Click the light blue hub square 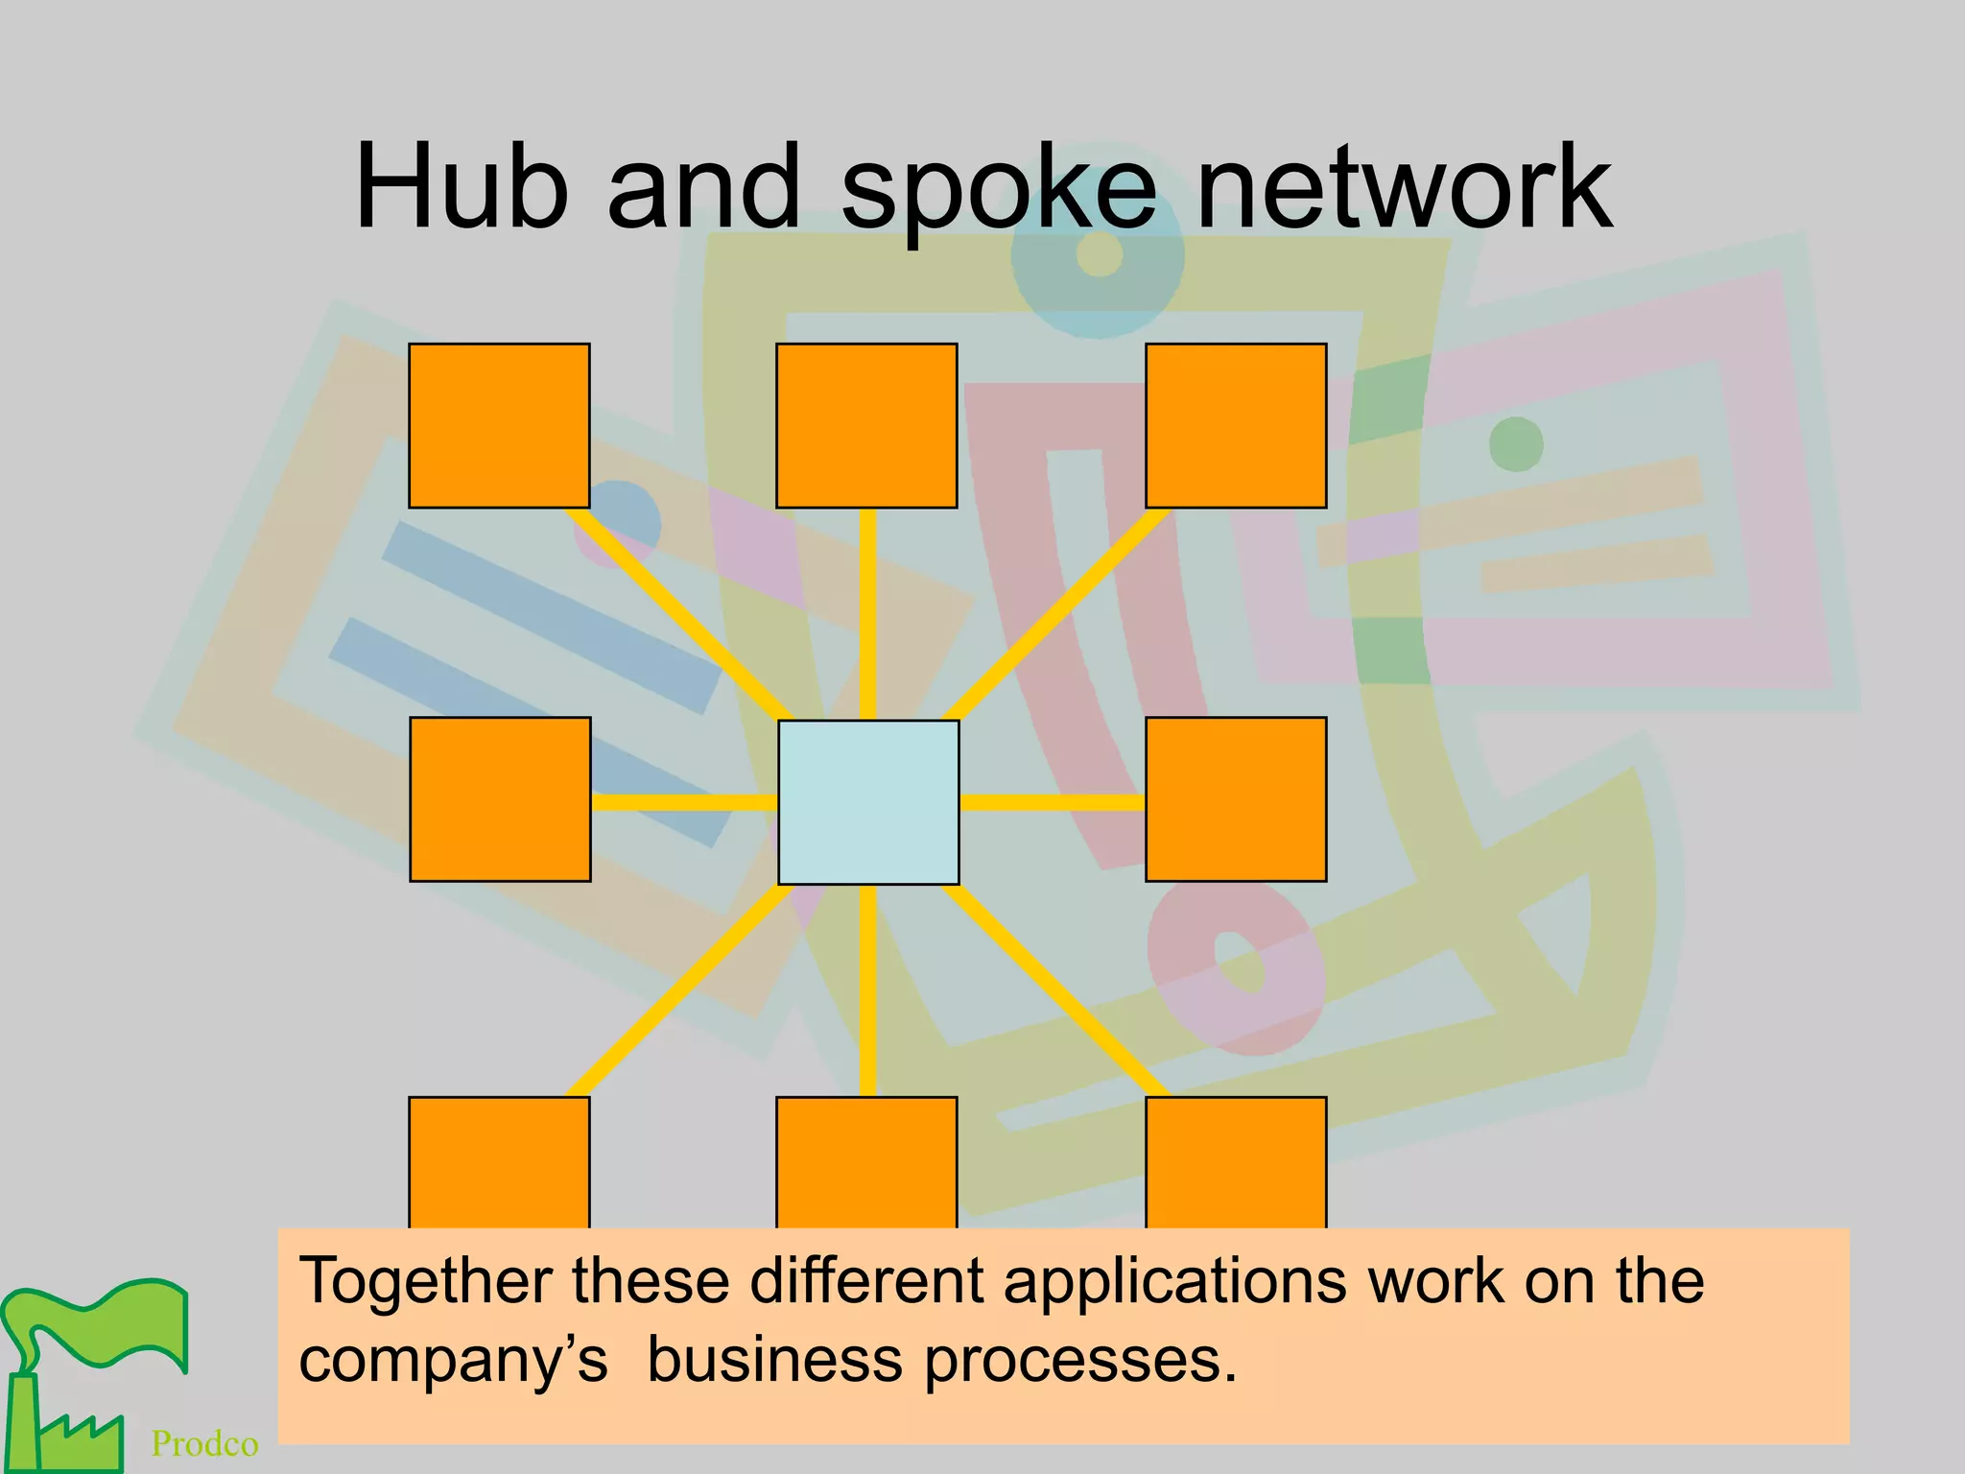[868, 802]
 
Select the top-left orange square [499, 425]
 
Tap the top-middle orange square [866, 425]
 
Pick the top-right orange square [1236, 425]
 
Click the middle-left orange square [500, 798]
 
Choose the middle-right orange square [1236, 798]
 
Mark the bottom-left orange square [499, 1162]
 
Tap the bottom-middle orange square [866, 1162]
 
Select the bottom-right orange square [1236, 1162]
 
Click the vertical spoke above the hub [867, 614]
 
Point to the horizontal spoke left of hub [683, 802]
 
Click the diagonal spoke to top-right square [1055, 614]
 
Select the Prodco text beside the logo [204, 1443]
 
